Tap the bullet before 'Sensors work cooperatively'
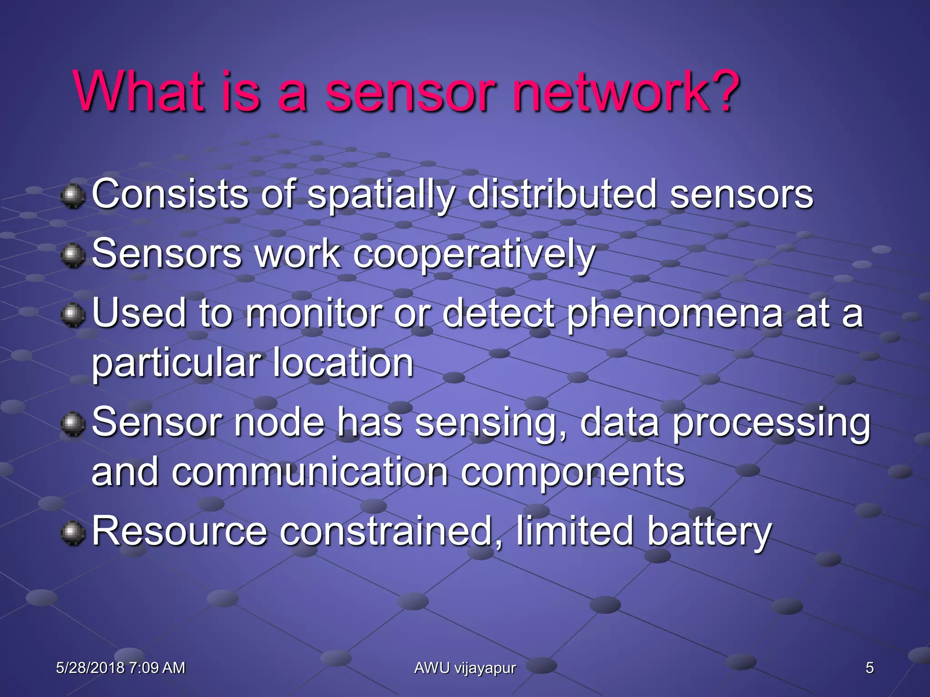(73, 255)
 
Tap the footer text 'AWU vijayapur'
(465, 668)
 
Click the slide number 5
(869, 668)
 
